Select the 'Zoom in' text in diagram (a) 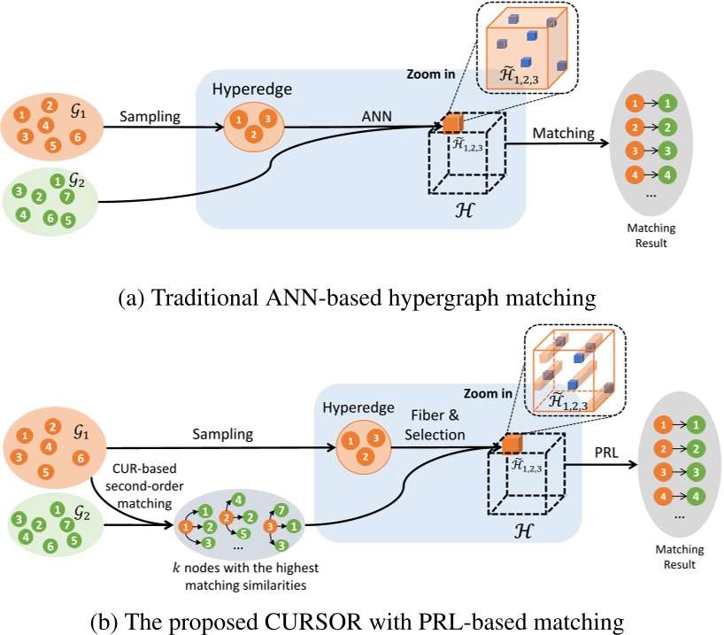(431, 75)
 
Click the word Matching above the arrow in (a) (563, 133)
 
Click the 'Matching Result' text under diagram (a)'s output (651, 235)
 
